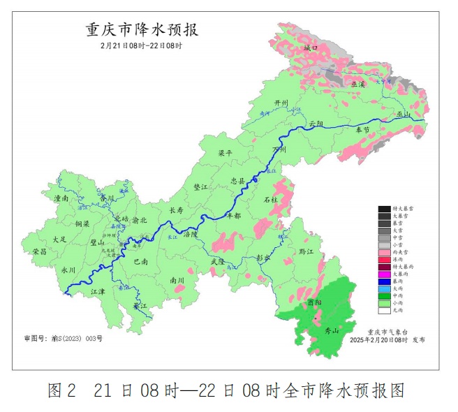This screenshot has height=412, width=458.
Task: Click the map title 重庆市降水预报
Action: pyautogui.click(x=142, y=30)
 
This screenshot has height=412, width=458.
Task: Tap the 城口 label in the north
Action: pyautogui.click(x=311, y=48)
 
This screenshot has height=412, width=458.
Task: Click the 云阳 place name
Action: pyautogui.click(x=317, y=123)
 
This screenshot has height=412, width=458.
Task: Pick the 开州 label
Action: pyautogui.click(x=281, y=103)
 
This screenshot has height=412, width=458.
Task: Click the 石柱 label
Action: pyautogui.click(x=270, y=200)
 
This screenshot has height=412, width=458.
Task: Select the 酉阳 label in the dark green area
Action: pyautogui.click(x=315, y=303)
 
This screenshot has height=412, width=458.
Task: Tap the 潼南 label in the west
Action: pyautogui.click(x=61, y=198)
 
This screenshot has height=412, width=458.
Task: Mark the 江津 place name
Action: pyautogui.click(x=98, y=291)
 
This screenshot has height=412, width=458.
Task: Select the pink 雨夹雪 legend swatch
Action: pyautogui.click(x=384, y=251)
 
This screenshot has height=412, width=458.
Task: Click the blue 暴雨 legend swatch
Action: pyautogui.click(x=384, y=281)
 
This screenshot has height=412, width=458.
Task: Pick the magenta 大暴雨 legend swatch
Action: pyautogui.click(x=384, y=274)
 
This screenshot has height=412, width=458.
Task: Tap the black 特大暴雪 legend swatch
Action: pyautogui.click(x=384, y=208)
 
